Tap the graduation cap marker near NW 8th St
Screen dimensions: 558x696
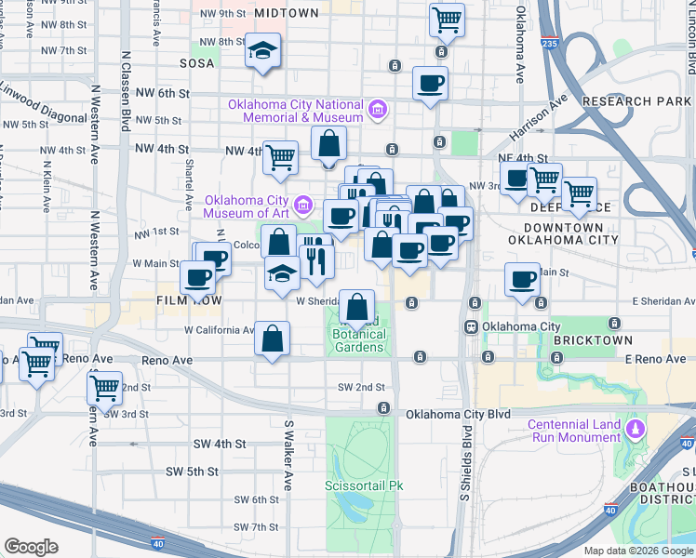tap(263, 50)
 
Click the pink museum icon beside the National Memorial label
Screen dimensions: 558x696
tap(377, 111)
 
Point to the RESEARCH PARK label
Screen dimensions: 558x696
tap(636, 100)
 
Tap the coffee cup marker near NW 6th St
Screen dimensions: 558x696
tap(430, 84)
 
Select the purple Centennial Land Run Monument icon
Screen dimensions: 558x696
tap(636, 430)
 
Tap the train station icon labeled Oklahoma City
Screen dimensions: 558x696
tap(473, 326)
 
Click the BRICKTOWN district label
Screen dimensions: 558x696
tap(593, 341)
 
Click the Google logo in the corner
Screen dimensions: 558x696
tap(31, 547)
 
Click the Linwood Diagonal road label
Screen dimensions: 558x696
tap(39, 88)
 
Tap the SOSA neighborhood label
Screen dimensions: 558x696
tap(199, 63)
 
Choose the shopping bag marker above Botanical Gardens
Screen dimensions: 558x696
tap(357, 307)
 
